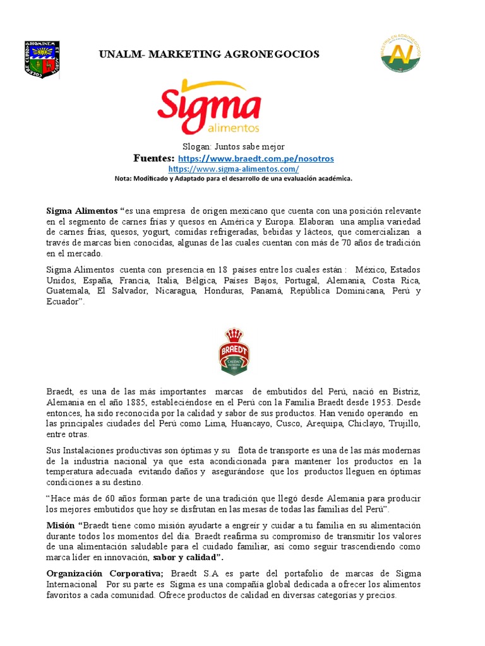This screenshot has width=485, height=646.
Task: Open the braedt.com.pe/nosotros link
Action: pos(256,158)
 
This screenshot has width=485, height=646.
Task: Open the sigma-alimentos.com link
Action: pos(234,169)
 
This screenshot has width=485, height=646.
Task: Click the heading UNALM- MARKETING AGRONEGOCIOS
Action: pos(209,54)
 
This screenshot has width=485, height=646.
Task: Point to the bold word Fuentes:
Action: pos(153,158)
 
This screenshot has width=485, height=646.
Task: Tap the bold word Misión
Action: pos(60,526)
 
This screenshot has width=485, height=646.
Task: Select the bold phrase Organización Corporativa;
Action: pos(105,573)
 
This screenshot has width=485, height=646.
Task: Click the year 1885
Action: pos(135,402)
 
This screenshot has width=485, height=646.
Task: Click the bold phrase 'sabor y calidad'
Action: pos(186,558)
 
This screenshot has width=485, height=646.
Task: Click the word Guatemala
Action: pos(68,291)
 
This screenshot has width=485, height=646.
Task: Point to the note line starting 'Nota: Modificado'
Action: pos(233,179)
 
